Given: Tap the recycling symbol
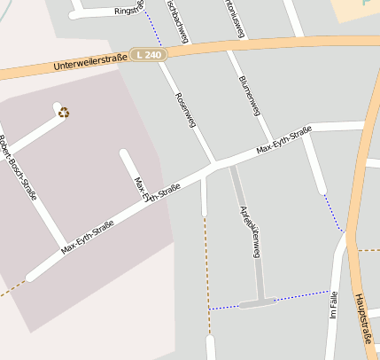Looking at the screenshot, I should pyautogui.click(x=63, y=112).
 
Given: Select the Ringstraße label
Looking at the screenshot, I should pyautogui.click(x=128, y=10).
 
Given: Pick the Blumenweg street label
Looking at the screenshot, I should pyautogui.click(x=249, y=94).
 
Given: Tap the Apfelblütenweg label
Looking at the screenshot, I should pyautogui.click(x=249, y=231).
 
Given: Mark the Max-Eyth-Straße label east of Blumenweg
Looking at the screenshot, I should pyautogui.click(x=284, y=140).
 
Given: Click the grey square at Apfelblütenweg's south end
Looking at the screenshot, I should pyautogui.click(x=258, y=303).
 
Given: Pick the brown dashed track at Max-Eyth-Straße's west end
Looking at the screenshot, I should pyautogui.click(x=12, y=287).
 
